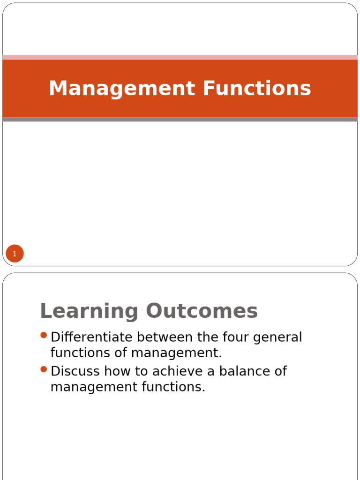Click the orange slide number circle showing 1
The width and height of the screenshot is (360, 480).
coord(15,254)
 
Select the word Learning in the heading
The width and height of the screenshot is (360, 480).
coord(90,311)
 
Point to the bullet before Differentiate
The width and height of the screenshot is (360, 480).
coord(44,335)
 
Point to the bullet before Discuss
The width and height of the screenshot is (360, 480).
coord(44,369)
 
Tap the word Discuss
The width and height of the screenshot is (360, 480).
coord(75,371)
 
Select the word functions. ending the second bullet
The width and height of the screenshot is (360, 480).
coord(175,387)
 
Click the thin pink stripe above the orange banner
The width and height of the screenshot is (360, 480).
coord(180,57)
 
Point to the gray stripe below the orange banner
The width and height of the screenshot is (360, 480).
coord(180,120)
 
